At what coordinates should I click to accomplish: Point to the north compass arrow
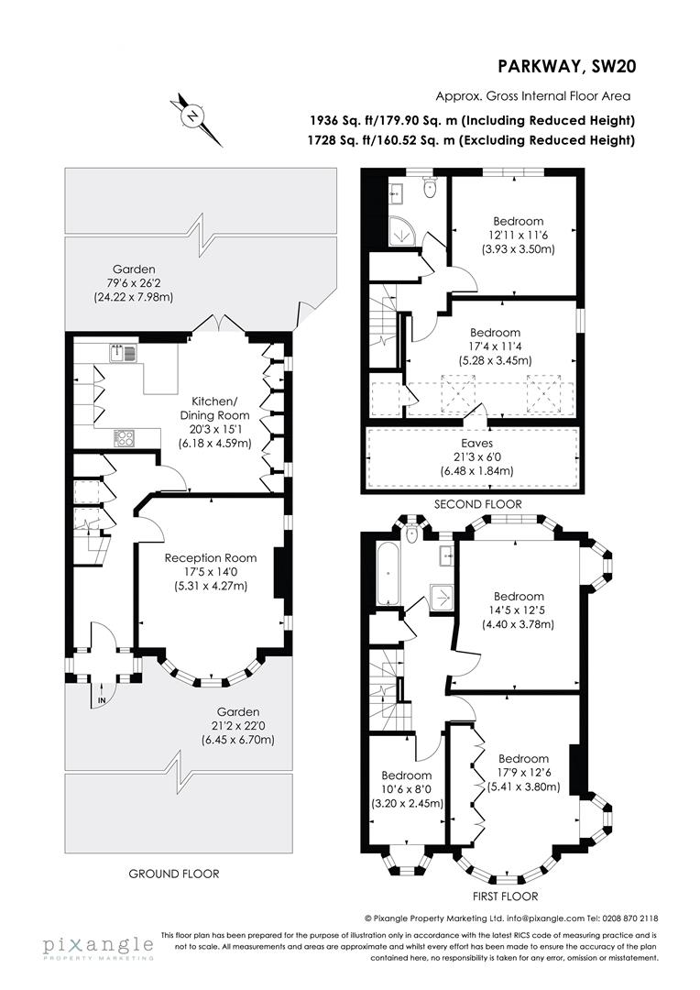point(195,116)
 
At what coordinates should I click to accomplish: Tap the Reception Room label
point(210,557)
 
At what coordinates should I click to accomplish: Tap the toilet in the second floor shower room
point(429,187)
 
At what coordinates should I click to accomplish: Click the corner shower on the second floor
point(401,231)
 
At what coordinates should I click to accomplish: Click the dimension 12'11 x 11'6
point(519,236)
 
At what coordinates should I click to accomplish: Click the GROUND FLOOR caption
point(174,874)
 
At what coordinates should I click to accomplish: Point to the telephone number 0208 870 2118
point(629,918)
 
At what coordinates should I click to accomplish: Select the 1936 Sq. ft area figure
point(341,120)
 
